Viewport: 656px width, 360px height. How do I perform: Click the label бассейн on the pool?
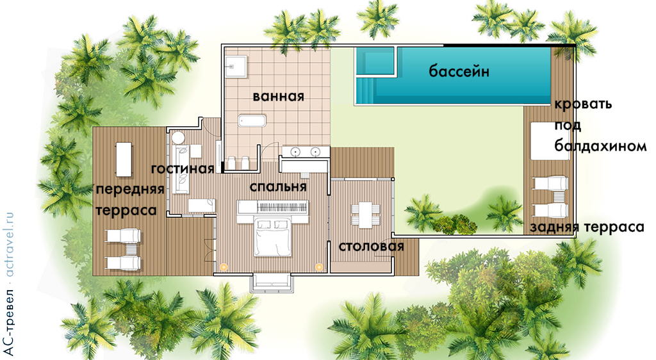(x=459, y=71)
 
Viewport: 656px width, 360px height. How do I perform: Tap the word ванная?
(x=277, y=97)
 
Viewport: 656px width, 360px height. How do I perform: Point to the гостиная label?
(x=182, y=169)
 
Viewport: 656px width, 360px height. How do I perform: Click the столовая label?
(x=371, y=247)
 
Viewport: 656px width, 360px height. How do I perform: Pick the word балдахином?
(x=600, y=147)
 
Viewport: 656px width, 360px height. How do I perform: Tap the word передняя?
(x=130, y=190)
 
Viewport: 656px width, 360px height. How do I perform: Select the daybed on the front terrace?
(x=122, y=158)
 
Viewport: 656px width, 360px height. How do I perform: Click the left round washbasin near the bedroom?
(x=295, y=152)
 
